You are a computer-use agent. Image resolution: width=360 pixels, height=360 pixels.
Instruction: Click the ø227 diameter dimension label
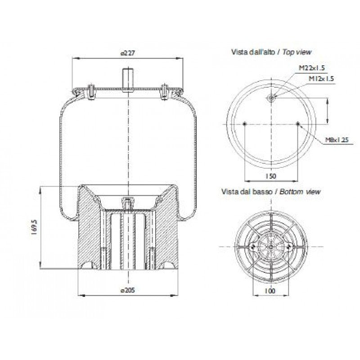pos(128,53)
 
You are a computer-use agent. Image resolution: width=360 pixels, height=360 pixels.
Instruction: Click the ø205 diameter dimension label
pos(128,290)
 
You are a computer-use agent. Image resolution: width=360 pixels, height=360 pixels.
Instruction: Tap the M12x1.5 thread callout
pos(321,78)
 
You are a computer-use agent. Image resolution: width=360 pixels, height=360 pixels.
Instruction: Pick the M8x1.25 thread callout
pos(337,140)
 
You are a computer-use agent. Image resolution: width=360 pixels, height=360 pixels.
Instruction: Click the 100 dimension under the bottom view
pos(270,291)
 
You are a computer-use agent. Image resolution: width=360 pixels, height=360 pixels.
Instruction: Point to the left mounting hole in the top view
pos(244,123)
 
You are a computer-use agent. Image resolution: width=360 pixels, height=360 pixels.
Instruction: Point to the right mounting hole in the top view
pos(297,123)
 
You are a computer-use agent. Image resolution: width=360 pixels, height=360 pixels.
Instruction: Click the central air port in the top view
pos(271,99)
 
